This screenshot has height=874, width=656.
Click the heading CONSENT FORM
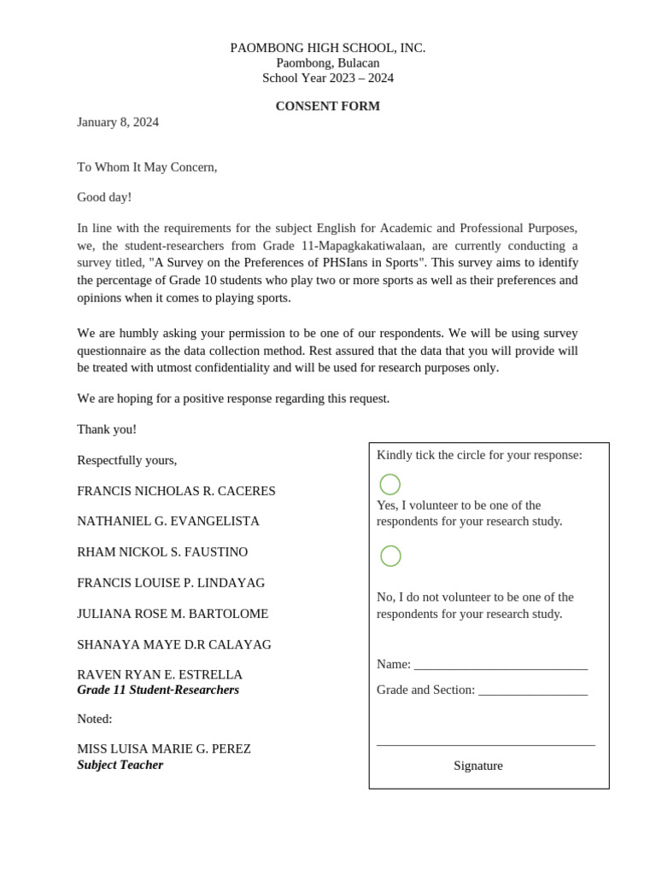click(x=327, y=107)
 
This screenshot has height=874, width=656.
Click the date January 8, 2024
click(x=118, y=122)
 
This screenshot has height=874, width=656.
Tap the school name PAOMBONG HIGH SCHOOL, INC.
click(x=327, y=48)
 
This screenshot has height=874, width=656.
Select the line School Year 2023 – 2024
click(x=327, y=78)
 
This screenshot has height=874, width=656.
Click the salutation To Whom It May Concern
click(x=147, y=167)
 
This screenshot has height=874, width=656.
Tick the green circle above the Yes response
click(x=389, y=485)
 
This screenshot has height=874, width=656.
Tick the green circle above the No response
click(x=390, y=556)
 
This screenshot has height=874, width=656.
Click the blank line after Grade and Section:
click(x=533, y=690)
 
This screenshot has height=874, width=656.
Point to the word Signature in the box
click(x=477, y=766)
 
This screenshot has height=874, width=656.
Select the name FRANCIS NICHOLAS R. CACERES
click(x=176, y=492)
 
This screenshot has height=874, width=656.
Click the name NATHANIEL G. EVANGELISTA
click(x=168, y=521)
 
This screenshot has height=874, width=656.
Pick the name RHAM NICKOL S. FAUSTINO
click(x=162, y=552)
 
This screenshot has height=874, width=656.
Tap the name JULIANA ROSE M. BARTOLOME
click(x=173, y=614)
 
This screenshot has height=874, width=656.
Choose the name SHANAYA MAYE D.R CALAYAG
click(x=174, y=644)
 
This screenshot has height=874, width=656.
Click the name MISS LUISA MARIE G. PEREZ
click(x=164, y=749)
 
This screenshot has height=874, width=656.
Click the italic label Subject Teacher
click(x=120, y=765)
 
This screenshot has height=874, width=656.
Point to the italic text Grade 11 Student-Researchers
click(x=158, y=690)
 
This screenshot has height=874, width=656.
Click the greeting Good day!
click(x=104, y=197)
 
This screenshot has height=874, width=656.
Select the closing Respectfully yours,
click(x=127, y=460)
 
